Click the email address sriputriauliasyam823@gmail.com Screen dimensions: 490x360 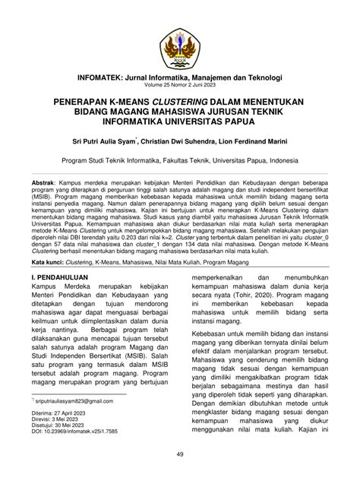[76, 420]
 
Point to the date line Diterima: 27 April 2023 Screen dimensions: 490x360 [63, 434]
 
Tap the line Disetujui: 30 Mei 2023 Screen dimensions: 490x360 [62, 447]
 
